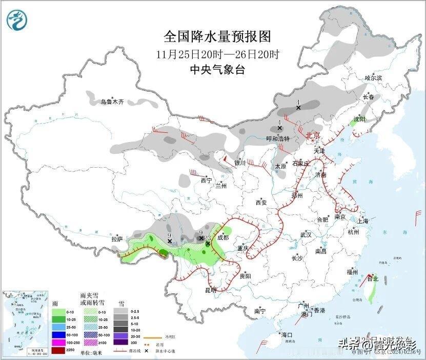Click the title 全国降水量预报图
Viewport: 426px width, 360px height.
click(x=217, y=37)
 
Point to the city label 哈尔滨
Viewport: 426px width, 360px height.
click(x=373, y=78)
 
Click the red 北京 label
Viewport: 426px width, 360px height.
click(x=313, y=135)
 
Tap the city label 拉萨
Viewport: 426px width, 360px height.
click(x=117, y=239)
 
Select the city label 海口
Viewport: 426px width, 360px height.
click(x=287, y=335)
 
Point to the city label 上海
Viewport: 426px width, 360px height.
click(x=363, y=221)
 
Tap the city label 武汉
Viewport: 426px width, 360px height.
click(x=307, y=235)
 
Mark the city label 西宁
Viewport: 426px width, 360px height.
click(x=206, y=181)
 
